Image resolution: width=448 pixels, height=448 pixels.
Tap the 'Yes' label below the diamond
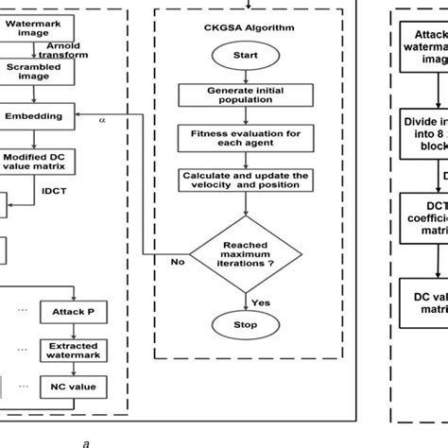point(264,302)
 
